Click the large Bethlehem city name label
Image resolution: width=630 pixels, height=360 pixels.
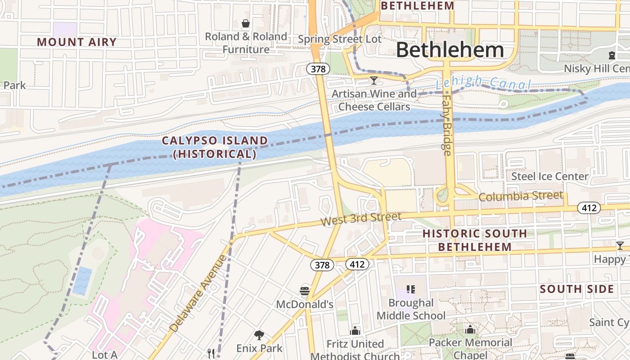[x=450, y=50]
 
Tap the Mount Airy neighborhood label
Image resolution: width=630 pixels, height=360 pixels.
[x=76, y=42]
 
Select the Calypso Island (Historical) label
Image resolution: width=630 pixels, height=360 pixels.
[x=215, y=147]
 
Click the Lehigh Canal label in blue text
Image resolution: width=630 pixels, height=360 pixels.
[x=483, y=83]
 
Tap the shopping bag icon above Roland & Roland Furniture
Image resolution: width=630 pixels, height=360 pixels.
[x=246, y=23]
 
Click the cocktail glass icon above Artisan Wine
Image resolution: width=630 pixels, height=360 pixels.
[x=373, y=81]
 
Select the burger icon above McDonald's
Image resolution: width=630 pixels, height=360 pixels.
[x=305, y=291]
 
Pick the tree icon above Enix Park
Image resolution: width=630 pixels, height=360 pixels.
[x=259, y=335]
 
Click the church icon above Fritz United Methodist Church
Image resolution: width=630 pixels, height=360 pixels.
[x=355, y=331]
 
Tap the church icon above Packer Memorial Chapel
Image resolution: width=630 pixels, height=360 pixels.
[x=470, y=329]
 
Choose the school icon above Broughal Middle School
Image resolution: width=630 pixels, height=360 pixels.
[x=410, y=289]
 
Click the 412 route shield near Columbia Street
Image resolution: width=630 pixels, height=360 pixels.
[x=589, y=208]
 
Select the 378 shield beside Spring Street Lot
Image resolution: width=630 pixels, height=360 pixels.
[x=319, y=69]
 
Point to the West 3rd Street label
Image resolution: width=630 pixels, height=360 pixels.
[x=360, y=219]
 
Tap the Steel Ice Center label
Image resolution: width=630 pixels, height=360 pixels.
[x=549, y=176]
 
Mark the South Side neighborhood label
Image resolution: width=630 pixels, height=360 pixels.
[x=576, y=289]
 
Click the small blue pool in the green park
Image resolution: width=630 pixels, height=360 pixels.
[x=82, y=281]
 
